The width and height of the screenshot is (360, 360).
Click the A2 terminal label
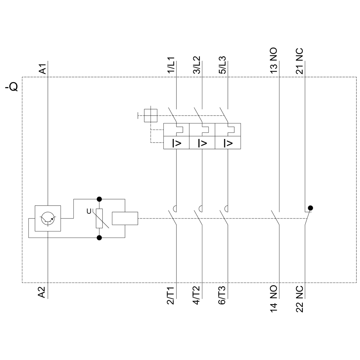click(x=42, y=292)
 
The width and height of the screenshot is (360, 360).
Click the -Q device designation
click(x=12, y=87)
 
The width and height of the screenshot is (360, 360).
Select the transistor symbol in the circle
click(x=48, y=218)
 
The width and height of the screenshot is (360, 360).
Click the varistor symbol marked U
click(x=99, y=218)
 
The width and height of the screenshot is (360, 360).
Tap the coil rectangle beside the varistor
click(x=125, y=218)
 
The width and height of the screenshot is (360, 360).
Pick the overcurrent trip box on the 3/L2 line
click(x=202, y=143)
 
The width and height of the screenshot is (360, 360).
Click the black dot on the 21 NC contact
click(x=310, y=208)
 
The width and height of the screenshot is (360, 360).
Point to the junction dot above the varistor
click(x=99, y=199)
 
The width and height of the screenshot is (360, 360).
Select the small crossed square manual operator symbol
click(x=150, y=116)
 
